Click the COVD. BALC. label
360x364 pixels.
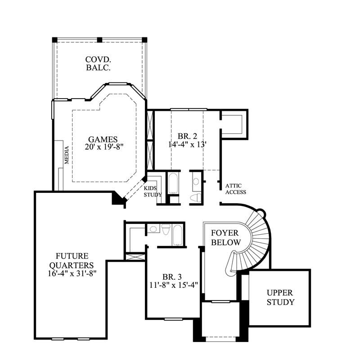point(98,64)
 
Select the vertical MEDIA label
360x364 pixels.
point(66,155)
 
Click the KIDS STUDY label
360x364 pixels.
point(150,191)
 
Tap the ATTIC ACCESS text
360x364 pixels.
point(235,189)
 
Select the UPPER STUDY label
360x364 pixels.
point(280,298)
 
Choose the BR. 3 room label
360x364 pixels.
point(172,277)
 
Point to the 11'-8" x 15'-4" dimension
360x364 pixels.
point(172,285)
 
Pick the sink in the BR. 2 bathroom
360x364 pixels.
point(196,182)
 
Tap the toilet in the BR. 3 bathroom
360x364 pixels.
point(166,229)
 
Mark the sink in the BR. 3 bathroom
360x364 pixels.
point(153,229)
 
